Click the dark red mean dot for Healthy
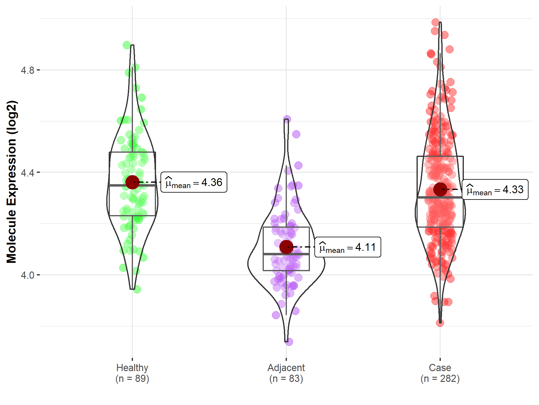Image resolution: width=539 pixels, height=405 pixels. (132, 182)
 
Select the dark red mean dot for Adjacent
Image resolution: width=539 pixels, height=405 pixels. (286, 247)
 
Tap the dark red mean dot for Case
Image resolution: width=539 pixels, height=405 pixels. (440, 189)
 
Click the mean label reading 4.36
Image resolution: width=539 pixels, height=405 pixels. (194, 182)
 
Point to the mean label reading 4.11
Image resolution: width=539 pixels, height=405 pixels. (348, 247)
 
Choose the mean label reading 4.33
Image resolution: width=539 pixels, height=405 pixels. (495, 190)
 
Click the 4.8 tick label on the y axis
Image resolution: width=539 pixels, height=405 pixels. (28, 70)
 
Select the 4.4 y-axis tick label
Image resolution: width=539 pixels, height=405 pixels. (28, 173)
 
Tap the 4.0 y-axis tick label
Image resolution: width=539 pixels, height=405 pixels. (28, 275)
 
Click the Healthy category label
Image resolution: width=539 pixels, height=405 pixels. (132, 367)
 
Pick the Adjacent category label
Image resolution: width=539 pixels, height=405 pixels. (286, 367)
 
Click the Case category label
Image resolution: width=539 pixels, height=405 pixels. (440, 367)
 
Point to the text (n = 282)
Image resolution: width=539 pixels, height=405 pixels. (440, 379)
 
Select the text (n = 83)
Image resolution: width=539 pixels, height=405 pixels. (286, 379)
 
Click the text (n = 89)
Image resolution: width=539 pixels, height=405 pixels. (132, 379)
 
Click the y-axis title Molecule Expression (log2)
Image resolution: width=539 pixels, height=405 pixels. (11, 182)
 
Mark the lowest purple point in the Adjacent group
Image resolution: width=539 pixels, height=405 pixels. (289, 341)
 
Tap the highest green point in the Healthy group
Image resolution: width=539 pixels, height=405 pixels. (127, 45)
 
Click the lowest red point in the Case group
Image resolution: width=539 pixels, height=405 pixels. (440, 323)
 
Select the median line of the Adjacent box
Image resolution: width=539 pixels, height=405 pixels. (286, 254)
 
